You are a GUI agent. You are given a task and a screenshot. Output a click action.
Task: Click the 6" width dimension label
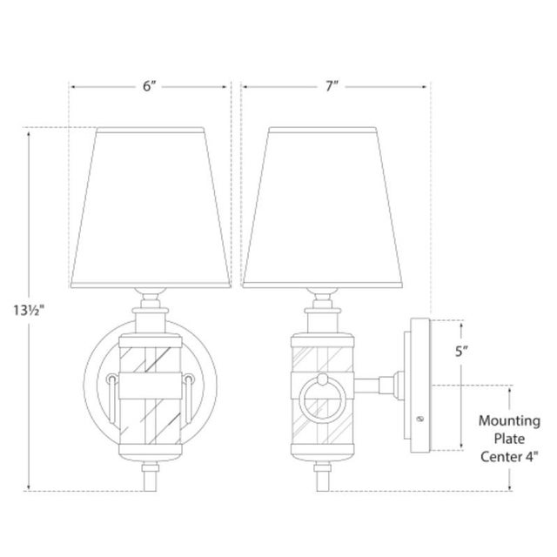pyautogui.click(x=149, y=87)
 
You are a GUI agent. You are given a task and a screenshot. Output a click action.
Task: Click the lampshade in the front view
pyautogui.click(x=149, y=209)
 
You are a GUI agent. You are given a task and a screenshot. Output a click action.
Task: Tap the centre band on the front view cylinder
pyautogui.click(x=149, y=380)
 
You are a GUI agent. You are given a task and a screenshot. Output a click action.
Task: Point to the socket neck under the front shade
pyautogui.click(x=149, y=305)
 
